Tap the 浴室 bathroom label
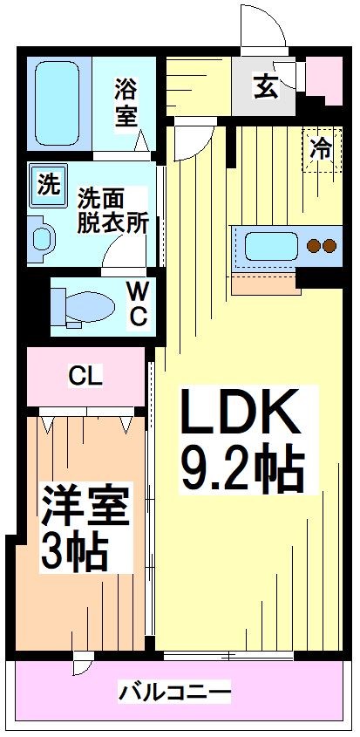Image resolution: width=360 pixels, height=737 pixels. [127, 103]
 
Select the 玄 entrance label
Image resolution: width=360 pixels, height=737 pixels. [265, 85]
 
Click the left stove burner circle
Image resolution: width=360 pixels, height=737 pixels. [315, 246]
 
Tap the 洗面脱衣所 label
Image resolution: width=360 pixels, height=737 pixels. [112, 209]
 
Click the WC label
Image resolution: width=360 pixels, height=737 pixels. [138, 304]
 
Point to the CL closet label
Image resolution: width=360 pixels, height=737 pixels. [86, 377]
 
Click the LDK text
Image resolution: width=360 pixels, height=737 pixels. [240, 413]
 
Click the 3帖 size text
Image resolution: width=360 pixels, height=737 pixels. [75, 549]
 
